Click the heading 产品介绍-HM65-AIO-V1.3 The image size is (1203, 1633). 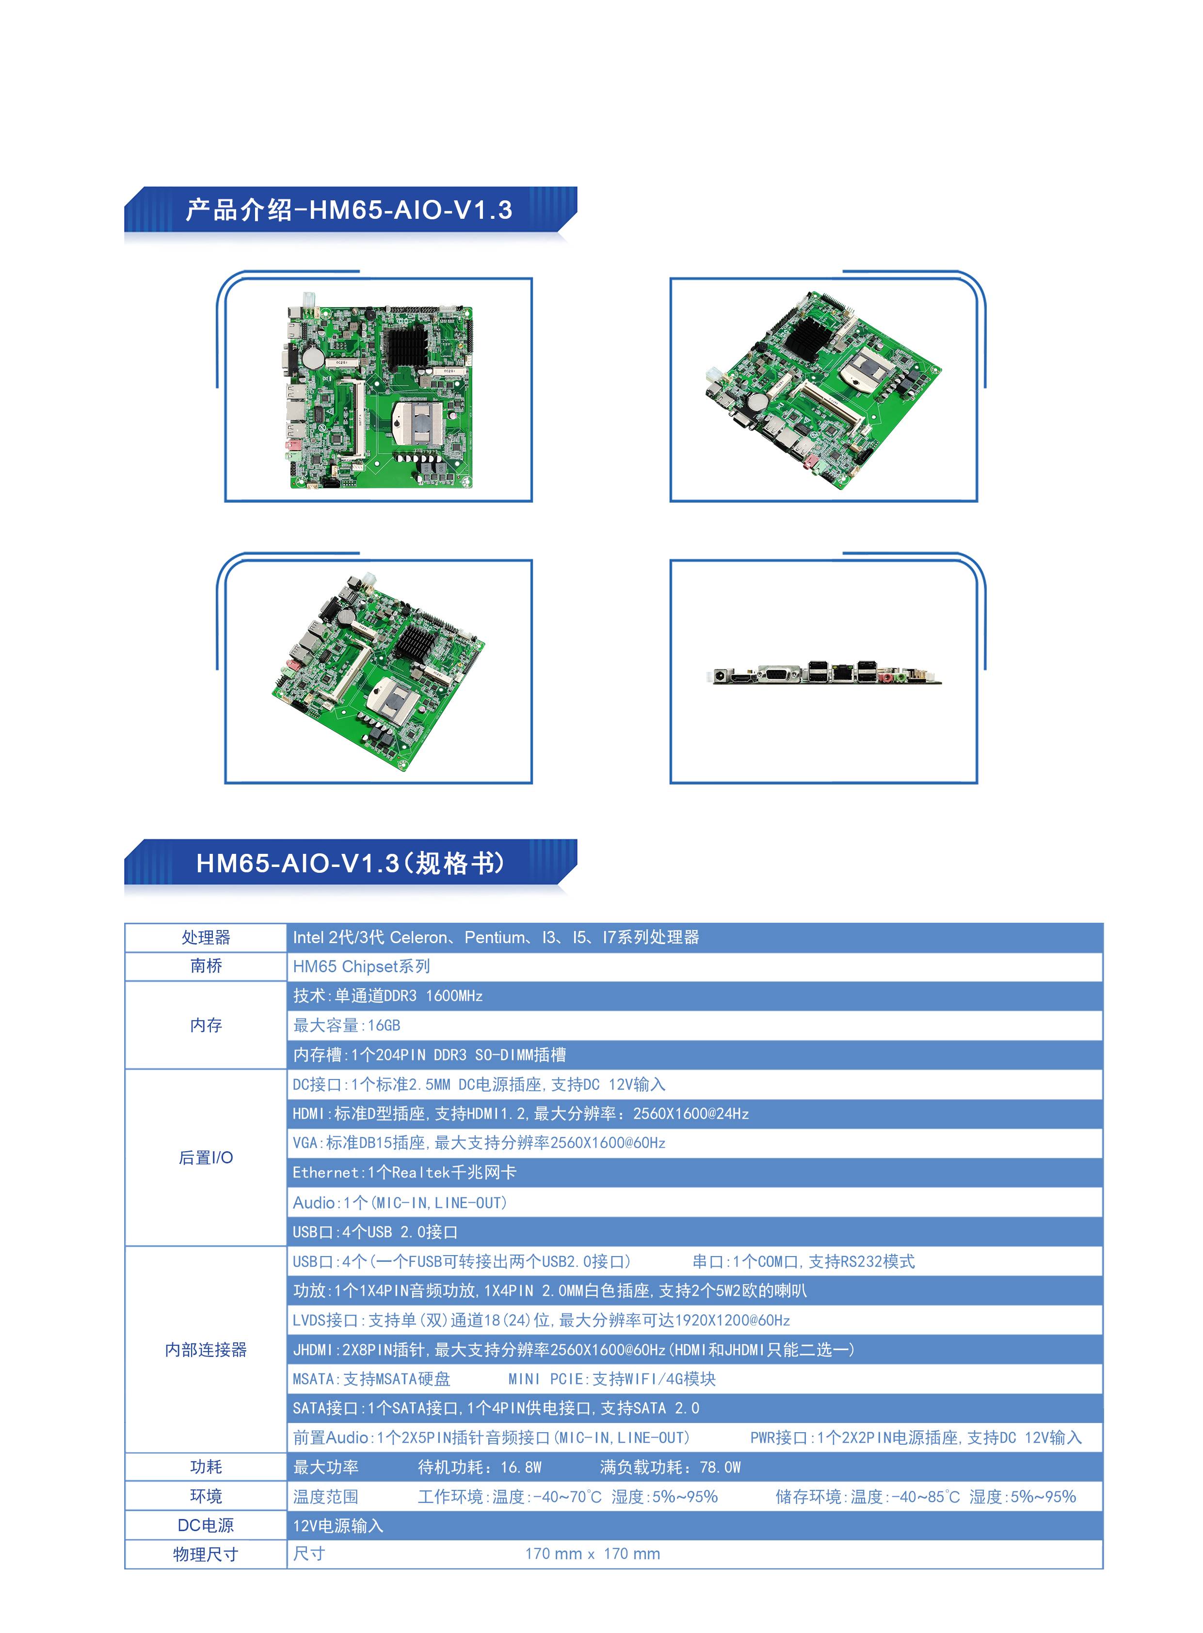349,210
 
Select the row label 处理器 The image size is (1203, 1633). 206,937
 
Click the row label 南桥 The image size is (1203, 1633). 206,966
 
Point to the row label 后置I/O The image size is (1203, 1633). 206,1157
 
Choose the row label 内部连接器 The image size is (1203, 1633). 206,1350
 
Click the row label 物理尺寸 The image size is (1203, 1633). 206,1554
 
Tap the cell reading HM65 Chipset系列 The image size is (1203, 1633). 361,966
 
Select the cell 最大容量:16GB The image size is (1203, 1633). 347,1025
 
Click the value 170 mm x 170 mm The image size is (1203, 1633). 593,1553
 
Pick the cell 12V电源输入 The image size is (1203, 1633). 338,1525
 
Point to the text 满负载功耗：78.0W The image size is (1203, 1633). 670,1467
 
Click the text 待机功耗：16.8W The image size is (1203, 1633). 480,1467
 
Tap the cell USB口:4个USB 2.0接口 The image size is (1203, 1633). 375,1231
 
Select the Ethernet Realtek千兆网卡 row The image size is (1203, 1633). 404,1173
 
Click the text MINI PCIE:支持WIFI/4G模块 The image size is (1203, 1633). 612,1379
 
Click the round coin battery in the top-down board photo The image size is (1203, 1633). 313,356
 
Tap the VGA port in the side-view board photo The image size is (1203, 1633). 779,674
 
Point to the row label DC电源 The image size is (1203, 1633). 206,1525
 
